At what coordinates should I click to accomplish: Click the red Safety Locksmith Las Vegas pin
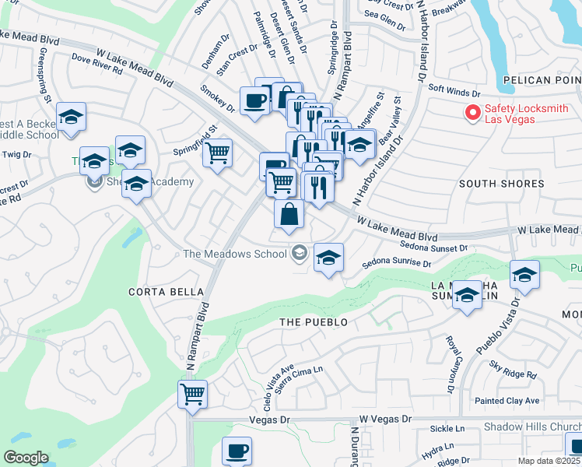(x=472, y=114)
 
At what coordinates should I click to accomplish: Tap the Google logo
(x=26, y=457)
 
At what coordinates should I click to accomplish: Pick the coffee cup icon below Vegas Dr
(x=237, y=451)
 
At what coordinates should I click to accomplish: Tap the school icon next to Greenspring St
(x=71, y=118)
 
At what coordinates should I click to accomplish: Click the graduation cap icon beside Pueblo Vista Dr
(x=525, y=276)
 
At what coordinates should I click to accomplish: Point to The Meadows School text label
(x=234, y=254)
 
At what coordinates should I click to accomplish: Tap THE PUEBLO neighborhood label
(x=313, y=321)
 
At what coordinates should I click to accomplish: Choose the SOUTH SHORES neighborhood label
(x=501, y=184)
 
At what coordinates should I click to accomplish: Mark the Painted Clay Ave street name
(x=508, y=400)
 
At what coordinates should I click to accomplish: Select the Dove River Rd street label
(x=97, y=63)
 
